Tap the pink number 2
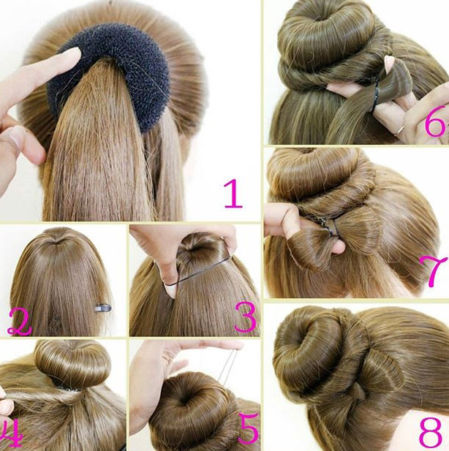[x=19, y=322]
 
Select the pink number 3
[x=245, y=317]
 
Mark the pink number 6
[x=435, y=123]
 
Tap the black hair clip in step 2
[x=103, y=308]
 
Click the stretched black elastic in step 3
[x=199, y=271]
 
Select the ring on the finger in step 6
[x=399, y=130]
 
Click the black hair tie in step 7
[x=328, y=227]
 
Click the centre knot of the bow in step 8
[x=358, y=392]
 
